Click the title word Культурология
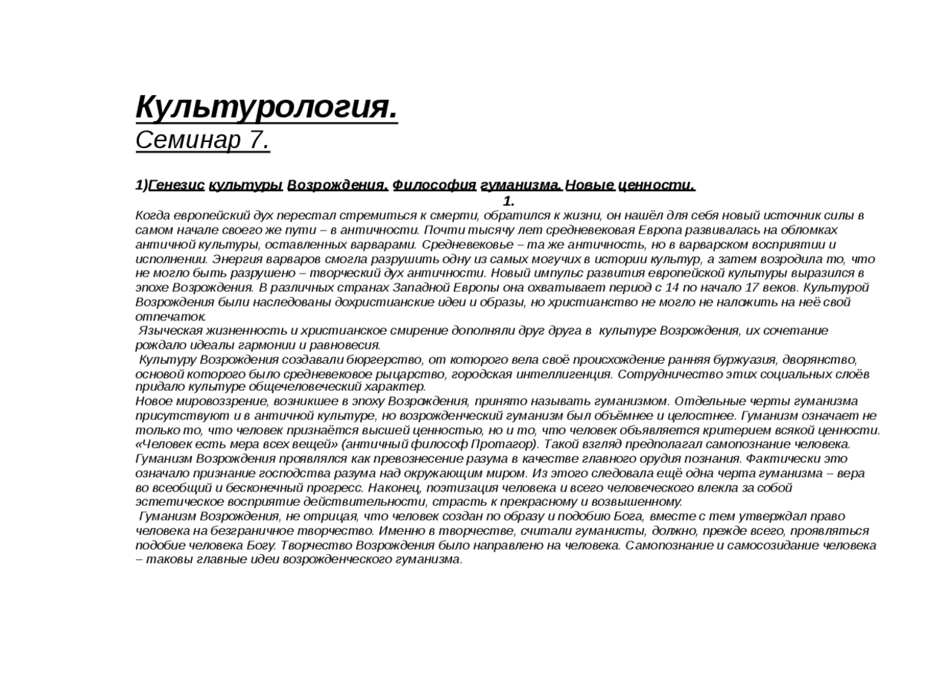[266, 108]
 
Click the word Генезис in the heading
[176, 185]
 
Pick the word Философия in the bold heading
[434, 185]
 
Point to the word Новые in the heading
[590, 185]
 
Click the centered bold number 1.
[509, 201]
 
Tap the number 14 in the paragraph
[673, 288]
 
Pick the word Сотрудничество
[663, 374]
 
